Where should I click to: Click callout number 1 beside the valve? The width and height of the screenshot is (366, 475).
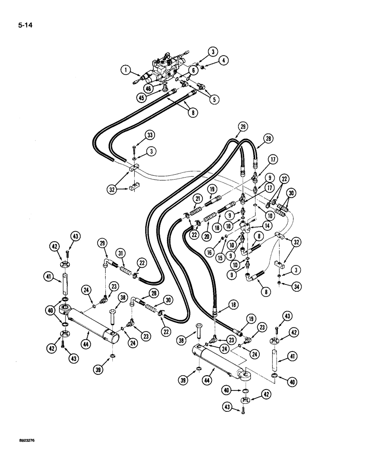126,71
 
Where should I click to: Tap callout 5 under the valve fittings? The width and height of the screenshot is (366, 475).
216,100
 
